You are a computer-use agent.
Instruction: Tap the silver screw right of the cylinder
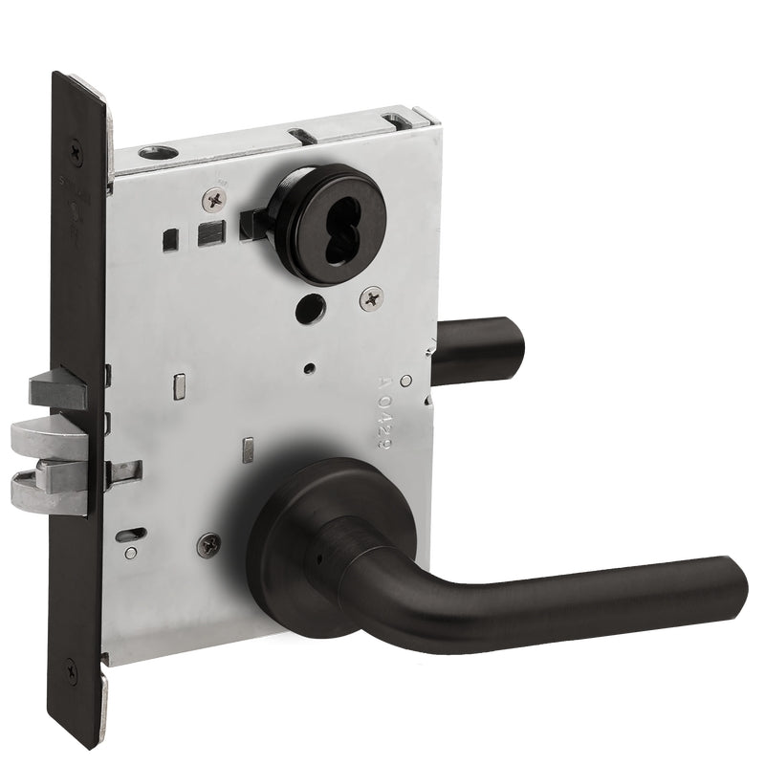click(371, 298)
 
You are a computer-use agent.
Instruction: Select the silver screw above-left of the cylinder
click(214, 199)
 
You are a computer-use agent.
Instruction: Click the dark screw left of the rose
click(208, 546)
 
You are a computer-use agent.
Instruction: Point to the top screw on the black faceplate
click(76, 148)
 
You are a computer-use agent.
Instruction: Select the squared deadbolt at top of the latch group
click(57, 386)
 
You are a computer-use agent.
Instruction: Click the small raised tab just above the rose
click(248, 448)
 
